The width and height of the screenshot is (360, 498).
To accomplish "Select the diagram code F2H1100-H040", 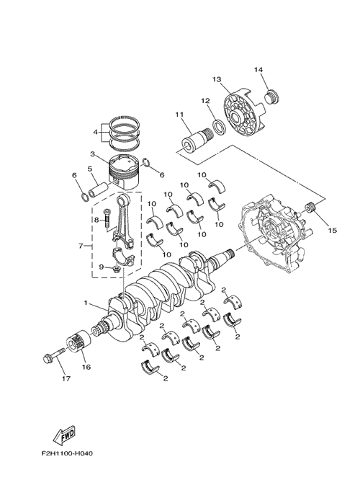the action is tap(67, 453).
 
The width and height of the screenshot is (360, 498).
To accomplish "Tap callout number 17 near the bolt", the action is tap(66, 378).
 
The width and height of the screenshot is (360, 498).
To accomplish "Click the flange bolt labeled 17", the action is tap(53, 355).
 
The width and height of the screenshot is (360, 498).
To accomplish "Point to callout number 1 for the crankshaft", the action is tap(86, 303).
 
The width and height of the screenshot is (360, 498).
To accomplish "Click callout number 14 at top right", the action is tap(258, 70).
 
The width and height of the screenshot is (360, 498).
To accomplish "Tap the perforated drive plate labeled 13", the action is tap(243, 112).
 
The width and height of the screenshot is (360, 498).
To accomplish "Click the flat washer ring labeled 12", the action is tap(219, 127).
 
